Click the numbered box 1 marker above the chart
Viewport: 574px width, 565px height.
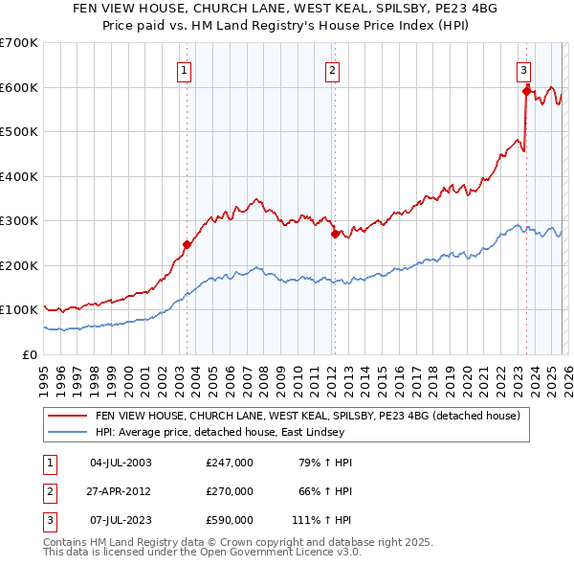[183, 69]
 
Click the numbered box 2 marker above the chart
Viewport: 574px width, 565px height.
[332, 69]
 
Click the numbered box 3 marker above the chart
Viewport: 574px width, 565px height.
[524, 69]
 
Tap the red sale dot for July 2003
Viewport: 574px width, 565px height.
[187, 244]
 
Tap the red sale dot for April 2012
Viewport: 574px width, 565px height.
[335, 234]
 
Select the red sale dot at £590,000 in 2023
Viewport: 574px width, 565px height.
[526, 92]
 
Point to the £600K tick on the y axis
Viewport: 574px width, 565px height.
[19, 87]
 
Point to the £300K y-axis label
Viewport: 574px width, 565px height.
[19, 221]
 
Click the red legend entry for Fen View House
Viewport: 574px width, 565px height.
[307, 416]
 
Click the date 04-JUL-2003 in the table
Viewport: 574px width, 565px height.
[121, 463]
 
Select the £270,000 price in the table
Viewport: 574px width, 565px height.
[230, 491]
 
